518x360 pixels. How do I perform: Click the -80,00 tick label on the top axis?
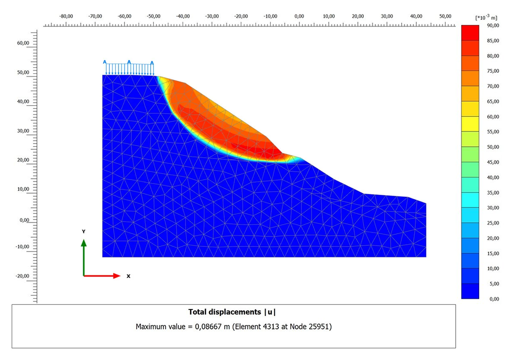pyautogui.click(x=66, y=16)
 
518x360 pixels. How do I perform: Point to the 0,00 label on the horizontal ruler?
pyautogui.click(x=299, y=16)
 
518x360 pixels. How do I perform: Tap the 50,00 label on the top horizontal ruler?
pyautogui.click(x=445, y=16)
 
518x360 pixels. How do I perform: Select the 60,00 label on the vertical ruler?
pyautogui.click(x=23, y=43)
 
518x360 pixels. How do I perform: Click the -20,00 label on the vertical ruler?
pyautogui.click(x=22, y=276)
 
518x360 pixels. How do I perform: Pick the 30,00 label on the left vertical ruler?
pyautogui.click(x=23, y=131)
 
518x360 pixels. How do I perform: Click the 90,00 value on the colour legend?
pyautogui.click(x=493, y=25)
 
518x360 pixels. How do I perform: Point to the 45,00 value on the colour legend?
pyautogui.click(x=493, y=162)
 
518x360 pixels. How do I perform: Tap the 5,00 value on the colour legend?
pyautogui.click(x=494, y=284)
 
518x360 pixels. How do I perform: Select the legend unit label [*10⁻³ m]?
pyautogui.click(x=486, y=17)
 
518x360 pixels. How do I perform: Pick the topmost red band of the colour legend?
pyautogui.click(x=470, y=33)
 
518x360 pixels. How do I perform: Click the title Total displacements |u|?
pyautogui.click(x=232, y=312)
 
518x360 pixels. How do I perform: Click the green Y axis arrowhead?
pyautogui.click(x=84, y=243)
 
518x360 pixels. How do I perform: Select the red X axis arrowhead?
pyautogui.click(x=117, y=276)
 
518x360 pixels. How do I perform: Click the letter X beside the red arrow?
pyautogui.click(x=128, y=276)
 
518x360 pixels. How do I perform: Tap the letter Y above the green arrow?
pyautogui.click(x=83, y=232)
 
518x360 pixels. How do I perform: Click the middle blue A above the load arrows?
pyautogui.click(x=129, y=62)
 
